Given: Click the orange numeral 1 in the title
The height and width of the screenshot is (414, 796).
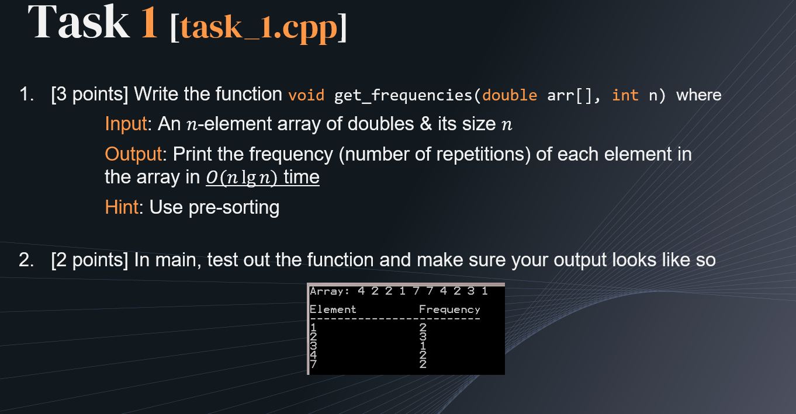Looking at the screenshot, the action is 149,22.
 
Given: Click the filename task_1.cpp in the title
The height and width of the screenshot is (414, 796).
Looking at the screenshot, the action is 258,27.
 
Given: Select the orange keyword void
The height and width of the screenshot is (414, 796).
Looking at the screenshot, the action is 306,95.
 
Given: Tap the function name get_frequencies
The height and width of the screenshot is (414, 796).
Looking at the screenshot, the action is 403,96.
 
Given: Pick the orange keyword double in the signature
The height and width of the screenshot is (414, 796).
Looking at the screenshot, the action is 510,95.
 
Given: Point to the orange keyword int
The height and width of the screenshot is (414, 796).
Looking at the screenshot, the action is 625,95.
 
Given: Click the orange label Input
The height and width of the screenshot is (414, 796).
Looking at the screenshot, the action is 126,124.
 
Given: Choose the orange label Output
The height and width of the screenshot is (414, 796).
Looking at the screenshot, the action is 133,155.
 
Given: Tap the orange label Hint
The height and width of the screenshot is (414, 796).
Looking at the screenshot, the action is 122,207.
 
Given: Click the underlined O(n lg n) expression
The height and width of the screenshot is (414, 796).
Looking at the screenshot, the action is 241,178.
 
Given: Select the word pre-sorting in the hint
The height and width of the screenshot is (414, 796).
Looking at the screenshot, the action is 234,208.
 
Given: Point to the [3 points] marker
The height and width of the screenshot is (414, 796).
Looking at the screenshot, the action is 89,95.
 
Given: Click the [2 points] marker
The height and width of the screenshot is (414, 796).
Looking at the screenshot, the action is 89,260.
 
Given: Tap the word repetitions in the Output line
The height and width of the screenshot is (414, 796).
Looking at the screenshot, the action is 434,155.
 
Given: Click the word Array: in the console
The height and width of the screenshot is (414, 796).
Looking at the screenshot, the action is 330,291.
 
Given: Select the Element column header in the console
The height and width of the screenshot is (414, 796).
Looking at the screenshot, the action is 333,309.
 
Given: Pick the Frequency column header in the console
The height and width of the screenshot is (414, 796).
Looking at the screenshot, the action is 449,309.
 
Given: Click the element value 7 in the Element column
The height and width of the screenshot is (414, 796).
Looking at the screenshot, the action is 313,364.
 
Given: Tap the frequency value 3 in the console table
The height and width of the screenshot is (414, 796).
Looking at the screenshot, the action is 423,336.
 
